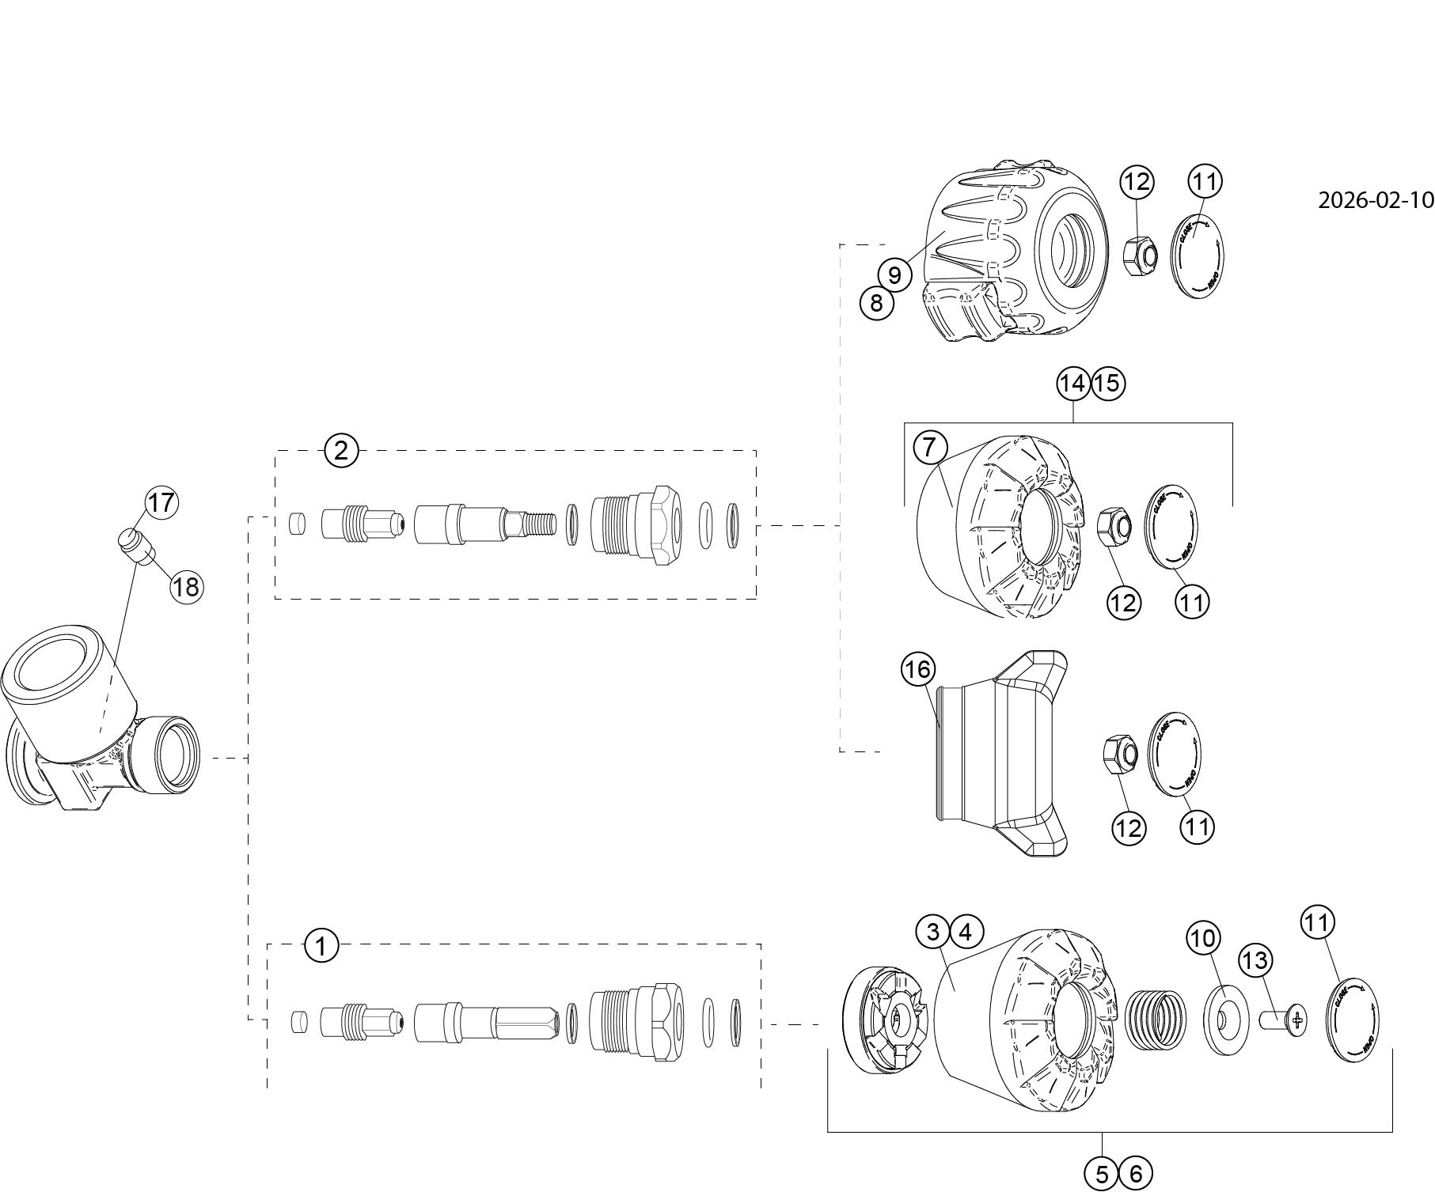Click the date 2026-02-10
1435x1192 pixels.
1375,200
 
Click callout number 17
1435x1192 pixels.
161,503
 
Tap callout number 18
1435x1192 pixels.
187,587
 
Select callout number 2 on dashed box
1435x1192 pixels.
341,451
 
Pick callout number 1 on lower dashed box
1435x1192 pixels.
321,945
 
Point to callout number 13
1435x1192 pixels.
1255,960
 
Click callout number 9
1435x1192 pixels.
894,275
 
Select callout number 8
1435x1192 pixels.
876,302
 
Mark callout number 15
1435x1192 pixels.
1108,384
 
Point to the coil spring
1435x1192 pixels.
1156,1020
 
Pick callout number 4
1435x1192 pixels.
966,932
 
